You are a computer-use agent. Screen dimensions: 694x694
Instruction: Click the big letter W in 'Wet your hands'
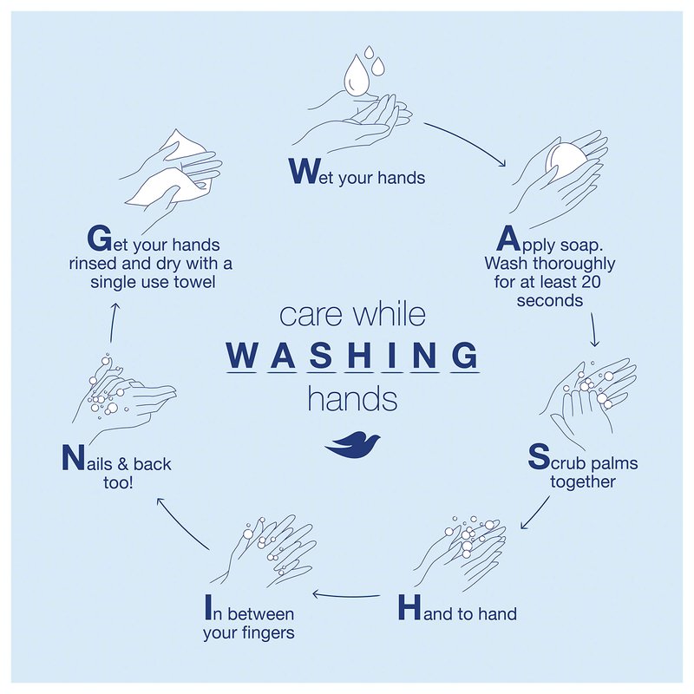click(x=303, y=172)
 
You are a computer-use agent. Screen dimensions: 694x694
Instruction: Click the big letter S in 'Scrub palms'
click(x=539, y=457)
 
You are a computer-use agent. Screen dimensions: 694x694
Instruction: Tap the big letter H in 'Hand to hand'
click(x=409, y=607)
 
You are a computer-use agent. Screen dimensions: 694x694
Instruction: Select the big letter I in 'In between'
click(x=208, y=607)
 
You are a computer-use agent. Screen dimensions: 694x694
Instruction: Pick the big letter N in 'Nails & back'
click(x=73, y=458)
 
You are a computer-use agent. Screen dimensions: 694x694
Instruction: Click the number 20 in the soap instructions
click(x=591, y=282)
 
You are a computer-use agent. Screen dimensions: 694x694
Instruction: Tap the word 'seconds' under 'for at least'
click(x=550, y=300)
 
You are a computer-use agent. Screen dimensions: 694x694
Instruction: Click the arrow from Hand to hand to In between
click(x=345, y=596)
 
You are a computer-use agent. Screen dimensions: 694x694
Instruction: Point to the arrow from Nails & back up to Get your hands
click(x=112, y=323)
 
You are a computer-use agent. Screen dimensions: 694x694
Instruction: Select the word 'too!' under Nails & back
click(x=118, y=482)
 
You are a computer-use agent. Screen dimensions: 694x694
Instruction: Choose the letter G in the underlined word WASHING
click(x=465, y=355)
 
